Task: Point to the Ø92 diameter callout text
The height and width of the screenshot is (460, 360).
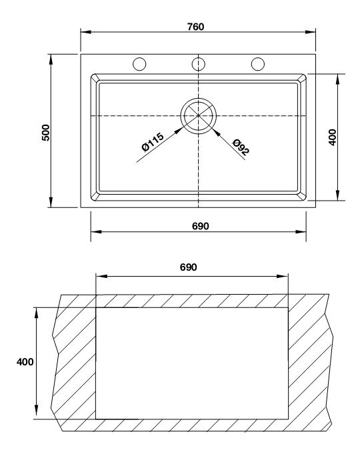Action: coord(241,147)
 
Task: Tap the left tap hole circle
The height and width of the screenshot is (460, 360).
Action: coord(139,64)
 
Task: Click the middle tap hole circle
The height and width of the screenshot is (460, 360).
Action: coord(198,64)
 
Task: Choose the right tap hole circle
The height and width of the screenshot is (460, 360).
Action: coord(257,64)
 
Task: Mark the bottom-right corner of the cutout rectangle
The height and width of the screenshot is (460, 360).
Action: coord(289,419)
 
